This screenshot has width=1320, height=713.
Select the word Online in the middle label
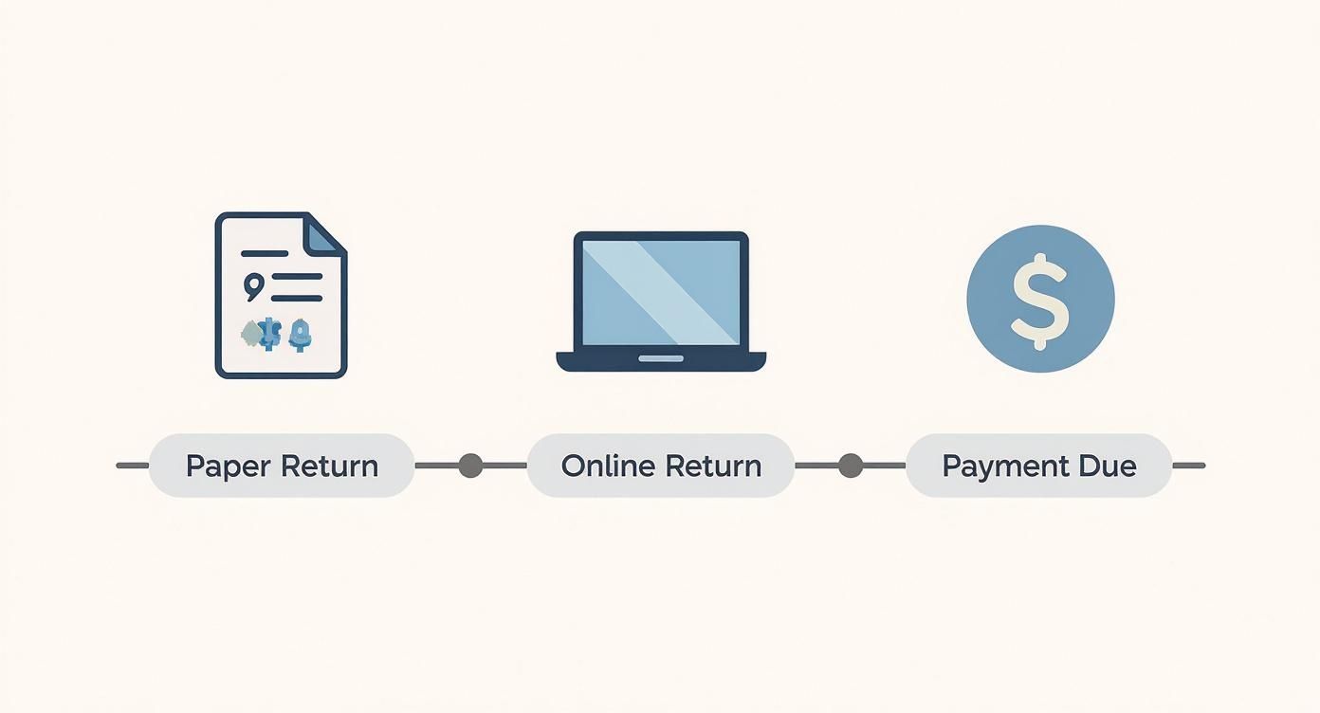597,466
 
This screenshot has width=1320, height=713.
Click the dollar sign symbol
1039,300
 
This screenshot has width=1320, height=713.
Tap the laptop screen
661,292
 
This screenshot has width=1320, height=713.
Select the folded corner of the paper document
324,232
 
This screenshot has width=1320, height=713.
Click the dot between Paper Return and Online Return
470,466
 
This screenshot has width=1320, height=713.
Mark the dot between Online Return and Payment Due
851,466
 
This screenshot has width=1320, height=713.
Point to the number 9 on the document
253,284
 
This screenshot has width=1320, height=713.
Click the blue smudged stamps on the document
277,333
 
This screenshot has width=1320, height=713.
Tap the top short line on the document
265,253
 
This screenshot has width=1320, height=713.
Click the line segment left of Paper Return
133,466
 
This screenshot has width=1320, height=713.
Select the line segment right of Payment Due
1188,466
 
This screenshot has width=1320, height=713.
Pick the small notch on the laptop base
660,358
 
